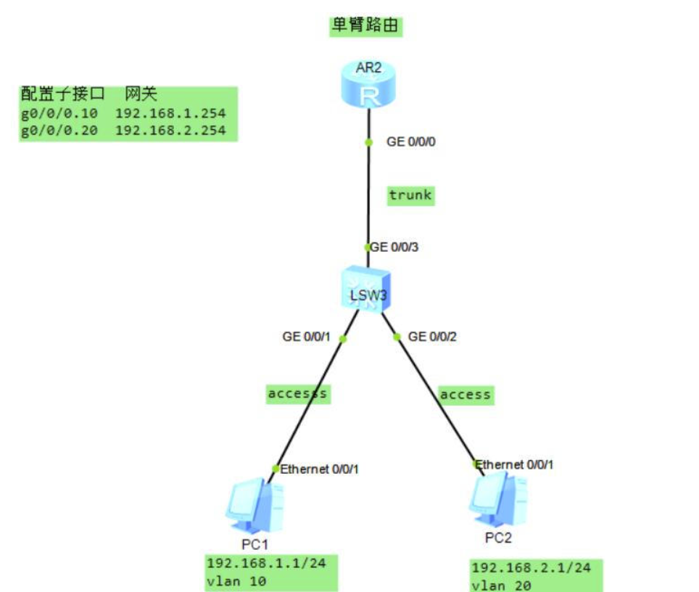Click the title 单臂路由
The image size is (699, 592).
(365, 26)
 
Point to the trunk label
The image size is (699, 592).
(410, 194)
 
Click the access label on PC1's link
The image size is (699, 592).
(298, 393)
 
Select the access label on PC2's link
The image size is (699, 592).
(465, 395)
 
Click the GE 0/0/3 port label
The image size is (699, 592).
(395, 247)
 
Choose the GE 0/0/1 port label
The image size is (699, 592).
(307, 337)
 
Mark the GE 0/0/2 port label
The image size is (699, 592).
(433, 337)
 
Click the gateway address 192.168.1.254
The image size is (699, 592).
(170, 113)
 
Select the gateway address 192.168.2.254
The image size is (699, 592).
(170, 131)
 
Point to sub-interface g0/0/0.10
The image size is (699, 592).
(62, 113)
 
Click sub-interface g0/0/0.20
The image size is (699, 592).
(62, 131)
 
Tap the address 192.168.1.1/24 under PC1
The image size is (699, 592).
(262, 564)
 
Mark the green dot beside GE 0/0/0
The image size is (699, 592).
(368, 142)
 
